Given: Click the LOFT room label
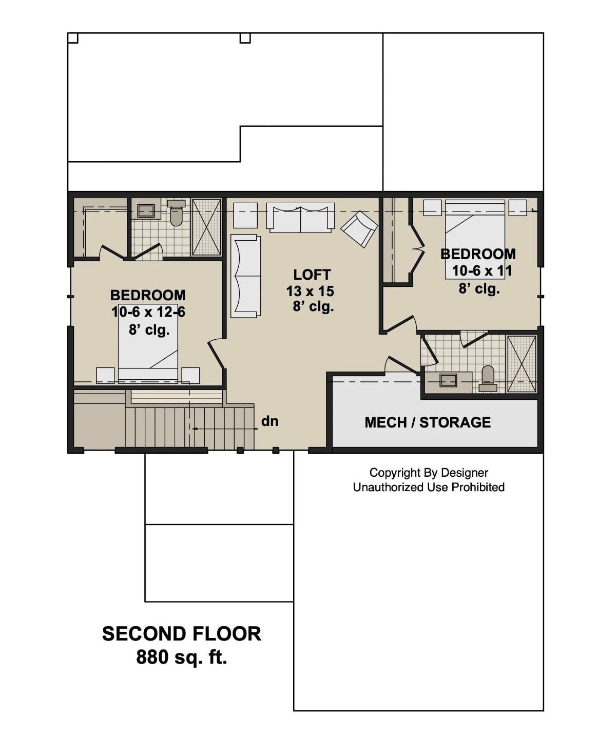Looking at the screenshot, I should [312, 275].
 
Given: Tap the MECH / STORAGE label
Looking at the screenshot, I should [428, 422].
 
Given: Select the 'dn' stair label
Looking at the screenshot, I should [269, 421].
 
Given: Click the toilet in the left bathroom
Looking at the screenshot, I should [176, 215].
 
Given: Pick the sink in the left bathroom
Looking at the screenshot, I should [146, 211].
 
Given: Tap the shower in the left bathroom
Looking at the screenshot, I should [206, 226].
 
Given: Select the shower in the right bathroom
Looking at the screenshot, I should [522, 364].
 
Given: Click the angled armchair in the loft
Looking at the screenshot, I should [359, 229].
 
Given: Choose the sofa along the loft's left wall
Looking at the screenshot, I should [245, 276].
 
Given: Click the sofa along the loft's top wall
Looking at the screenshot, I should [300, 218].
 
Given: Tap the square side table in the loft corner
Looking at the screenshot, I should [245, 215].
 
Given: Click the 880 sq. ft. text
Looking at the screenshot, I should [181, 657].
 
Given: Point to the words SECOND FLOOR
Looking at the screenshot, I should [181, 634].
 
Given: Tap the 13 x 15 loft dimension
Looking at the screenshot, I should [310, 291].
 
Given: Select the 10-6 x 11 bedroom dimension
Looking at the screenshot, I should [482, 270].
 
